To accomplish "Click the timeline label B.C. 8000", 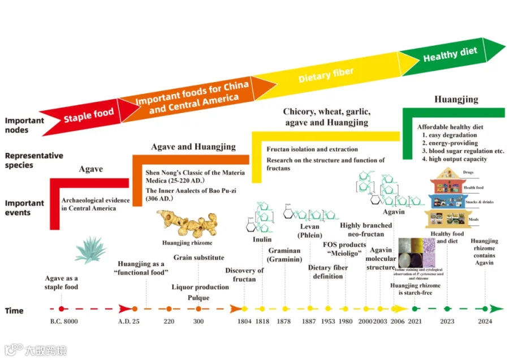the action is click(x=63, y=322).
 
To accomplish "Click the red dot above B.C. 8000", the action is click(x=62, y=308).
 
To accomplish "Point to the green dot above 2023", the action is click(x=447, y=308).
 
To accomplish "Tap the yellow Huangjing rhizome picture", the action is click(x=186, y=224).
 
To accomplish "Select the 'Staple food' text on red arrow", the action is click(x=89, y=115).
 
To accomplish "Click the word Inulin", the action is click(x=262, y=239).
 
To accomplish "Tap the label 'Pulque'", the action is click(x=199, y=298).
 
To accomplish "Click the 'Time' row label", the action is click(x=15, y=311).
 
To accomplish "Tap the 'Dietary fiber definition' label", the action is click(x=328, y=272).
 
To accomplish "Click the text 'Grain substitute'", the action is click(x=199, y=258).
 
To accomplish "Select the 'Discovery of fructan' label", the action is click(x=244, y=275).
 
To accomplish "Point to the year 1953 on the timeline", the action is click(x=328, y=322).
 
